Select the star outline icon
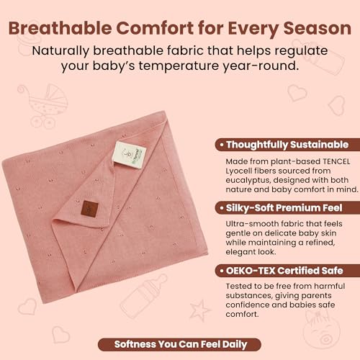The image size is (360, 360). point(199,310)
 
